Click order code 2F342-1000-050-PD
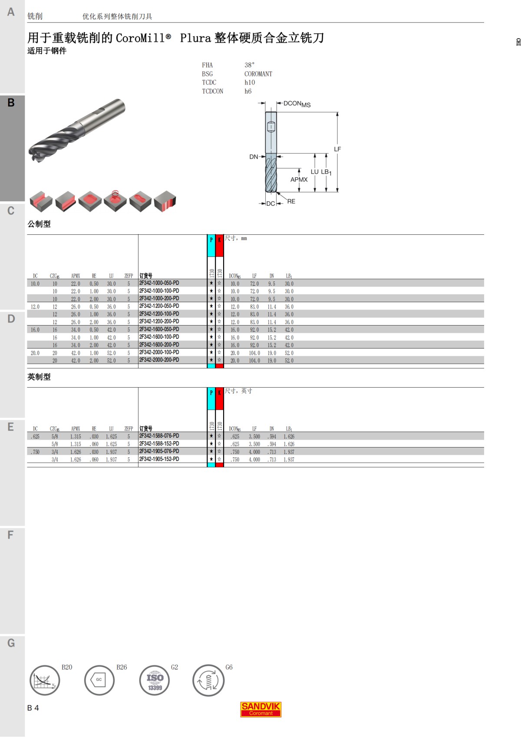[x=159, y=283]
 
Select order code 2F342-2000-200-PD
[x=159, y=360]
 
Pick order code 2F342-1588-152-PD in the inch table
[x=159, y=444]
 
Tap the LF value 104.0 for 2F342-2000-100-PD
[x=254, y=353]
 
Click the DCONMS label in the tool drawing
[x=297, y=104]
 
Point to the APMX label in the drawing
[x=299, y=180]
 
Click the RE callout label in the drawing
[x=291, y=201]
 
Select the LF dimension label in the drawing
[x=337, y=149]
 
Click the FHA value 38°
[x=250, y=65]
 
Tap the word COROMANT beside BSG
[x=258, y=74]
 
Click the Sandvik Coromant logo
[x=260, y=709]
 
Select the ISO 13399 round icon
[x=155, y=681]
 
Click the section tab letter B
[x=11, y=103]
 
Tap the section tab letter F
[x=10, y=535]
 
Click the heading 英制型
[x=39, y=377]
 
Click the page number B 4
[x=33, y=708]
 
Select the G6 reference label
[x=229, y=667]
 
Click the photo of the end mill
[x=77, y=130]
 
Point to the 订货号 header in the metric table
[x=146, y=276]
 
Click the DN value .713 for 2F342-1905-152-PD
[x=272, y=459]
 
